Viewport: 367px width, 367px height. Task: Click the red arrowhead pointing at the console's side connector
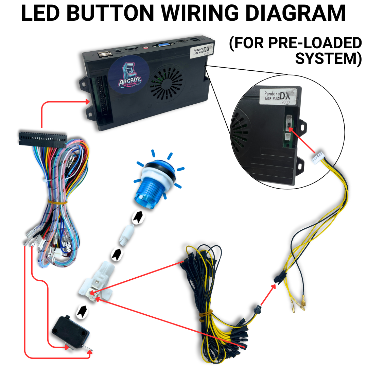87,101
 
